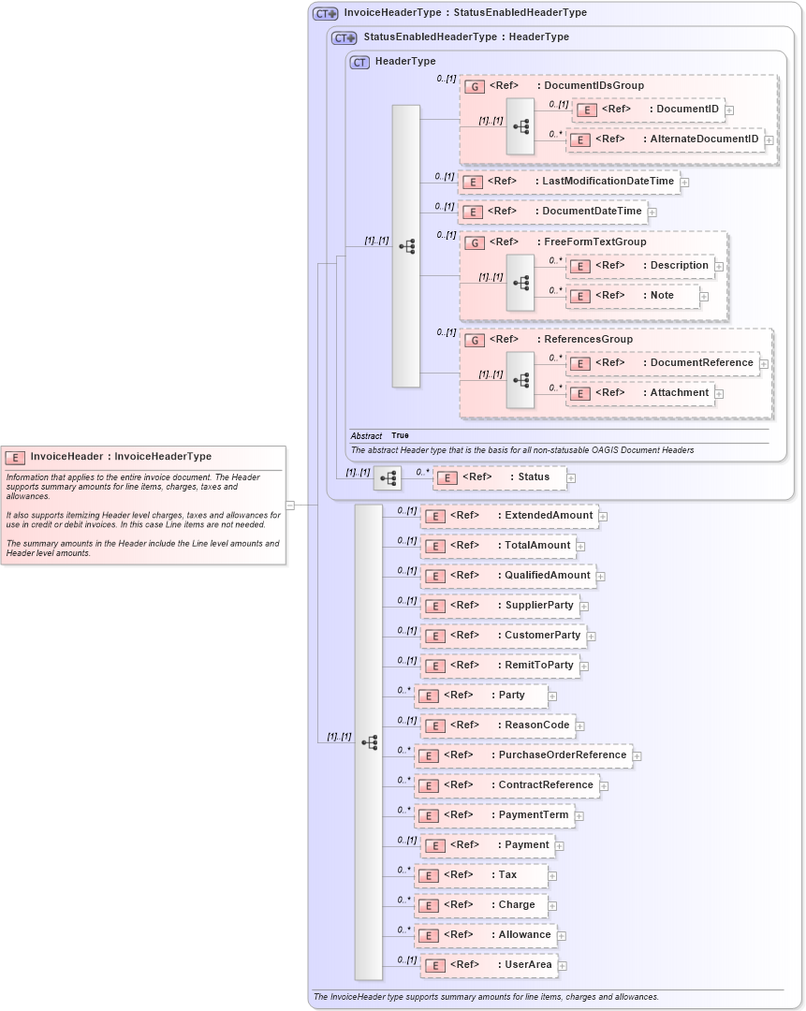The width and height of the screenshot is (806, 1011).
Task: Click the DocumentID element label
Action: (x=687, y=110)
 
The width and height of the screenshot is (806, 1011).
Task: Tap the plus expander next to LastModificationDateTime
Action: (x=684, y=183)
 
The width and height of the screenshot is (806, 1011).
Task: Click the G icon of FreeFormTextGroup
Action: (x=475, y=242)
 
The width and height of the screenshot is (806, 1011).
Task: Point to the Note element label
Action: (x=662, y=296)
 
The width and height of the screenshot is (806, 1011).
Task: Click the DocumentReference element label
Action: (x=701, y=363)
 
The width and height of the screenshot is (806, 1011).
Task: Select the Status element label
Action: (x=534, y=477)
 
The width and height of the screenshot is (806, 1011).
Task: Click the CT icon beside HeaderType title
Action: (x=359, y=62)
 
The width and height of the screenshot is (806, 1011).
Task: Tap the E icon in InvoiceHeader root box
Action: (x=15, y=458)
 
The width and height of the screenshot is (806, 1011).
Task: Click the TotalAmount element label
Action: (x=536, y=546)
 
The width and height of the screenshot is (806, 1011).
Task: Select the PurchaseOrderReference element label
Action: (x=562, y=755)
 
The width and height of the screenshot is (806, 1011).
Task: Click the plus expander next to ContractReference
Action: (x=604, y=786)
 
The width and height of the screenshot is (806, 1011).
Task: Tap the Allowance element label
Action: (x=524, y=935)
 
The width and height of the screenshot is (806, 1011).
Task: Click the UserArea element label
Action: (x=528, y=965)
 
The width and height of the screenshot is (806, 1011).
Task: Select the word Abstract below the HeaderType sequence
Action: (x=366, y=436)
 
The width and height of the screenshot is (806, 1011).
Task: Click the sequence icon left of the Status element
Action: (x=387, y=478)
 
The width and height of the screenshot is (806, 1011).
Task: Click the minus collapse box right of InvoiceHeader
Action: (x=290, y=505)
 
